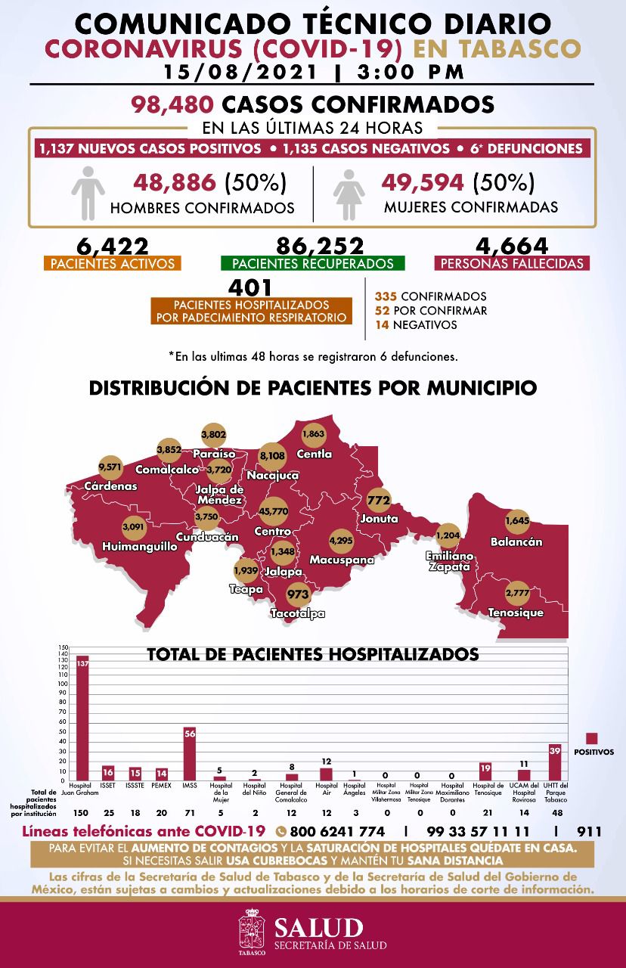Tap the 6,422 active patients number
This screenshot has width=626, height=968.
113,247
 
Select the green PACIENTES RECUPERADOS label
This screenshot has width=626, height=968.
312,264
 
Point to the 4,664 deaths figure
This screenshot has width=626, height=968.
512,247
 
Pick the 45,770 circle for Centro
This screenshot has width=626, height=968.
273,511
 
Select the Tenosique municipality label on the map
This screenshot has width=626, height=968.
516,613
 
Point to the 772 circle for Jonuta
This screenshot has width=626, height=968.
378,501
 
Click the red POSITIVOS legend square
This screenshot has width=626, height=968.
592,739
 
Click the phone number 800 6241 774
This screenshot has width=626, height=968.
331,832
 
